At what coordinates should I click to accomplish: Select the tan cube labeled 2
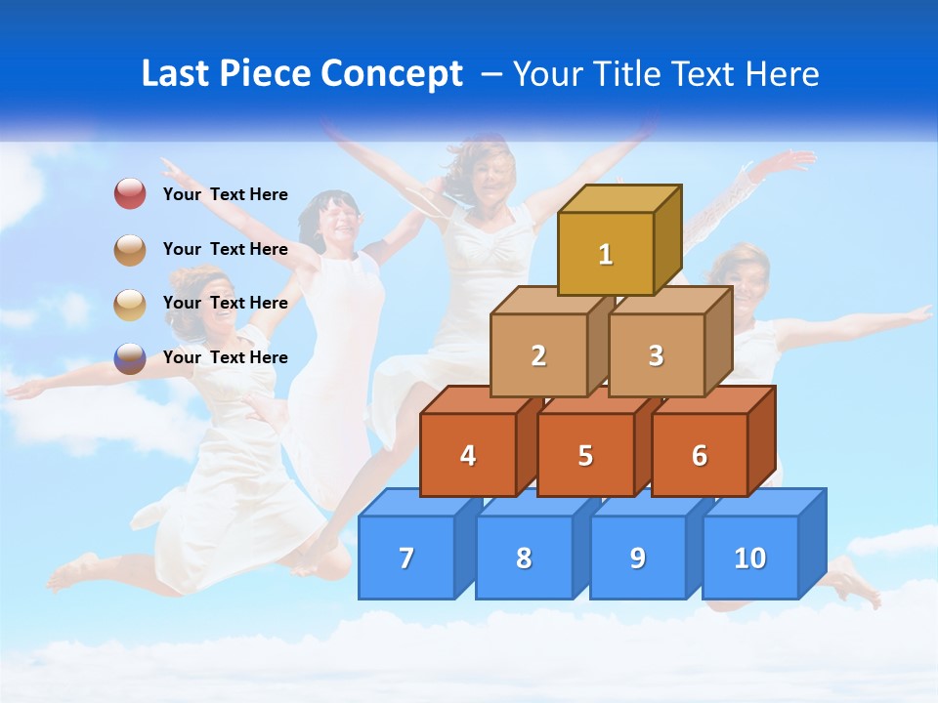click(x=538, y=356)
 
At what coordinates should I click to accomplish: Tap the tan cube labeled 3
click(x=656, y=356)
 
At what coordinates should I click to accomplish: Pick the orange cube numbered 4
click(x=468, y=455)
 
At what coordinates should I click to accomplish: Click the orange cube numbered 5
click(x=585, y=455)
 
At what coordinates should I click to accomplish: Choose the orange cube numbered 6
click(x=700, y=455)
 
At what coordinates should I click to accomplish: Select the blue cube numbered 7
click(x=406, y=558)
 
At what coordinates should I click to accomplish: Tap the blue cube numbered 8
click(x=524, y=558)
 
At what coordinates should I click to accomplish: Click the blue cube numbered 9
click(x=637, y=558)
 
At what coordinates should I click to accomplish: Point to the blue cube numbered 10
click(x=750, y=558)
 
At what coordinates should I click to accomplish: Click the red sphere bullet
click(x=130, y=194)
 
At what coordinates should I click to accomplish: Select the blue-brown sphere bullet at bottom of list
click(x=130, y=358)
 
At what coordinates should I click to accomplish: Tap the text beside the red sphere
click(x=225, y=194)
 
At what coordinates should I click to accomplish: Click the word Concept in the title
click(x=392, y=74)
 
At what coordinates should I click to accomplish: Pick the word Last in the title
click(x=177, y=74)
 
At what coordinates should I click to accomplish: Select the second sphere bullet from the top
click(x=130, y=250)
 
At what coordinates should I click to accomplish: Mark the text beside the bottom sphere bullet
click(x=225, y=357)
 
